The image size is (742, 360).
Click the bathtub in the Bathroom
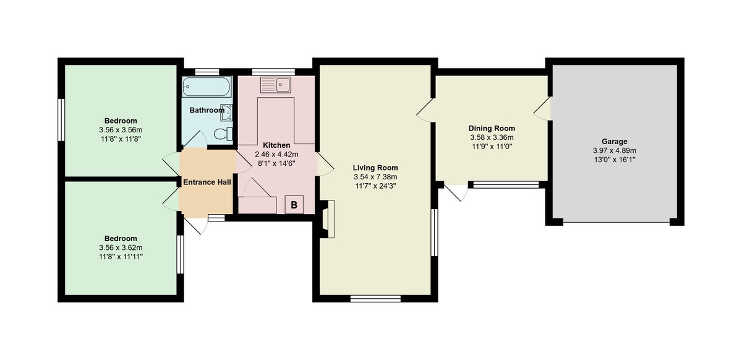pos(207,87)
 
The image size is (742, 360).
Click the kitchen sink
pos(276,84)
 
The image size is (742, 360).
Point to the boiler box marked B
pos(294,205)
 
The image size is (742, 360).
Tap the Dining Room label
pos(492,128)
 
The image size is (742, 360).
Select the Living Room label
pos(375,168)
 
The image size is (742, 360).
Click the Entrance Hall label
pos(207,182)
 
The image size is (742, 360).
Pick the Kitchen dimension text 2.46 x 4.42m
pos(276,155)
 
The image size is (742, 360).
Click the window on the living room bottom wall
pos(375,298)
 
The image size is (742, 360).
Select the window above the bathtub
pos(207,71)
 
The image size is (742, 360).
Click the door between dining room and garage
pos(543,108)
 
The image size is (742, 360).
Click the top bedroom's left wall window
pos(62,119)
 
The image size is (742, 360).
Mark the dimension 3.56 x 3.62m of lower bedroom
pos(121,247)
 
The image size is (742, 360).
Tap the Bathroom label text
pos(207,110)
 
